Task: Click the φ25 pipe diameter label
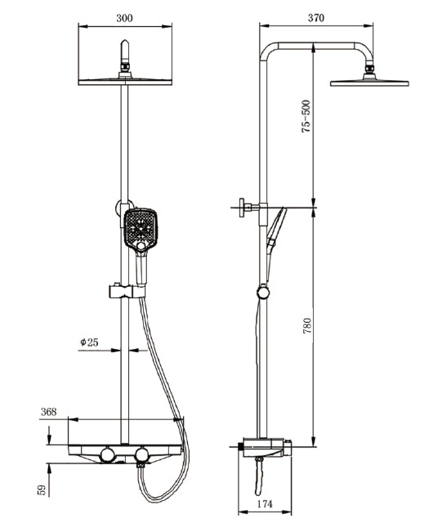pos(89,342)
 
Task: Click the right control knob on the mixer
pos(142,454)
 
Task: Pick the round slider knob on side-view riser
pos(261,290)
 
